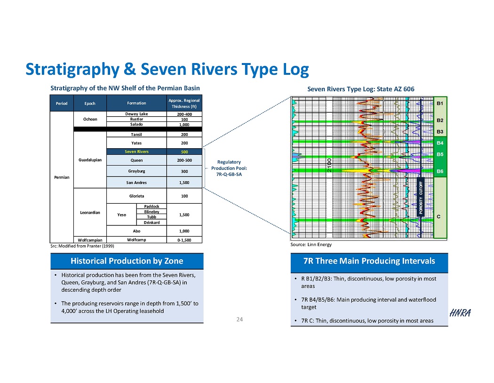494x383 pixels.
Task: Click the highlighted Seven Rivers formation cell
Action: pyautogui.click(x=136, y=152)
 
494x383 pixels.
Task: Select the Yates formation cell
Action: pyautogui.click(x=136, y=143)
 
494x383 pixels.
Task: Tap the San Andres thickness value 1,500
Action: pyautogui.click(x=184, y=183)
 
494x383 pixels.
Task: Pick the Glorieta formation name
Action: pyautogui.click(x=136, y=196)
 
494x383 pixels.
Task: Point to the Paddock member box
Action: pyautogui.click(x=151, y=206)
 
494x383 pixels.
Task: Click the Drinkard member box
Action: pyautogui.click(x=151, y=222)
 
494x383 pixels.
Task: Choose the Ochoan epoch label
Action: pyautogui.click(x=90, y=119)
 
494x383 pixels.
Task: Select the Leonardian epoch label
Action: pyautogui.click(x=90, y=213)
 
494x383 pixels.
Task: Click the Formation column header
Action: pyautogui.click(x=136, y=103)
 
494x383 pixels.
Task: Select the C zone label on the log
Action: pyautogui.click(x=438, y=216)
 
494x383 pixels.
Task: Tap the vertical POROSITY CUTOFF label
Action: pyautogui.click(x=422, y=197)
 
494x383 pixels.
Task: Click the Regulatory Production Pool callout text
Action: pyautogui.click(x=229, y=168)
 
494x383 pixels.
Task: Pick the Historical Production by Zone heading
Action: pyautogui.click(x=127, y=261)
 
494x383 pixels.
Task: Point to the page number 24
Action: pyautogui.click(x=239, y=319)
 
